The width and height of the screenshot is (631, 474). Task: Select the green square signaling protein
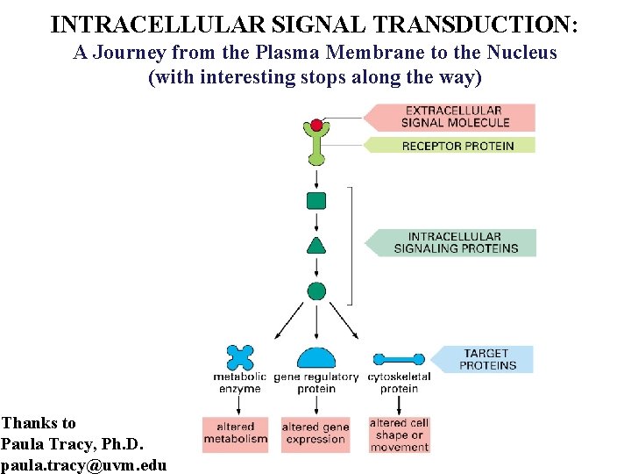click(315, 201)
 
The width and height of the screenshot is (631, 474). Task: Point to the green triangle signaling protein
click(315, 245)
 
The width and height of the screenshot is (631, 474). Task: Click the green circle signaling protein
click(316, 291)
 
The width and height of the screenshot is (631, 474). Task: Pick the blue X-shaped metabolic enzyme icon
click(239, 357)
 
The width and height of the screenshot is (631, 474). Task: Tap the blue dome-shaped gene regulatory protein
click(315, 358)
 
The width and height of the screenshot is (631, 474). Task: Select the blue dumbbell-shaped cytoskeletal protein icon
click(399, 359)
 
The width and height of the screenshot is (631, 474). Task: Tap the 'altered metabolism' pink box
click(236, 434)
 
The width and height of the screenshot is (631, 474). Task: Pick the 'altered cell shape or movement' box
click(400, 434)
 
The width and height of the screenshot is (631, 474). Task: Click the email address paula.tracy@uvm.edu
click(84, 464)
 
